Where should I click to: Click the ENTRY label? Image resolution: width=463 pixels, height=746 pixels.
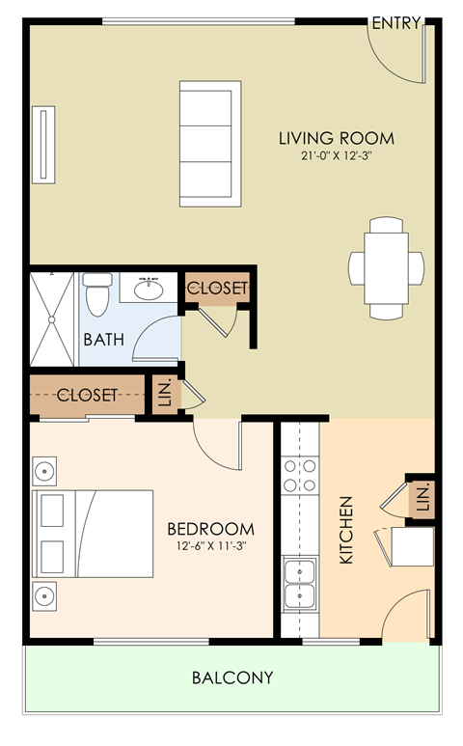click(395, 23)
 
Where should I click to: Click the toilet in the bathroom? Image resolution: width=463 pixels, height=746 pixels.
click(96, 293)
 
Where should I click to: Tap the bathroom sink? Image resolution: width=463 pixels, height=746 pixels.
click(149, 288)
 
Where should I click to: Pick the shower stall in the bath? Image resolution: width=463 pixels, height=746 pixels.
click(52, 317)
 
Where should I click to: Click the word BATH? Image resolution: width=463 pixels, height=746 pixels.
click(101, 340)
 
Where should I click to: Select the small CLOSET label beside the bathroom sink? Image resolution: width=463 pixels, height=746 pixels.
click(217, 288)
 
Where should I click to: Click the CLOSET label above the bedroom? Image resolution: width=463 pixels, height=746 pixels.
click(87, 395)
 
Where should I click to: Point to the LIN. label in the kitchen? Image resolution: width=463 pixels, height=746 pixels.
click(422, 498)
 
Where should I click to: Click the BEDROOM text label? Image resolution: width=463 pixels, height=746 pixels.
click(210, 529)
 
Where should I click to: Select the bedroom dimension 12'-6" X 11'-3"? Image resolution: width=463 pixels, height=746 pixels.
click(210, 546)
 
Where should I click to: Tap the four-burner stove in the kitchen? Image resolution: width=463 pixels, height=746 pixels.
click(299, 476)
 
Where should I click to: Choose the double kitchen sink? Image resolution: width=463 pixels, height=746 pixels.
click(299, 584)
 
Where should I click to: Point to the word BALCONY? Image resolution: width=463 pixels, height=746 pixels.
click(231, 677)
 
